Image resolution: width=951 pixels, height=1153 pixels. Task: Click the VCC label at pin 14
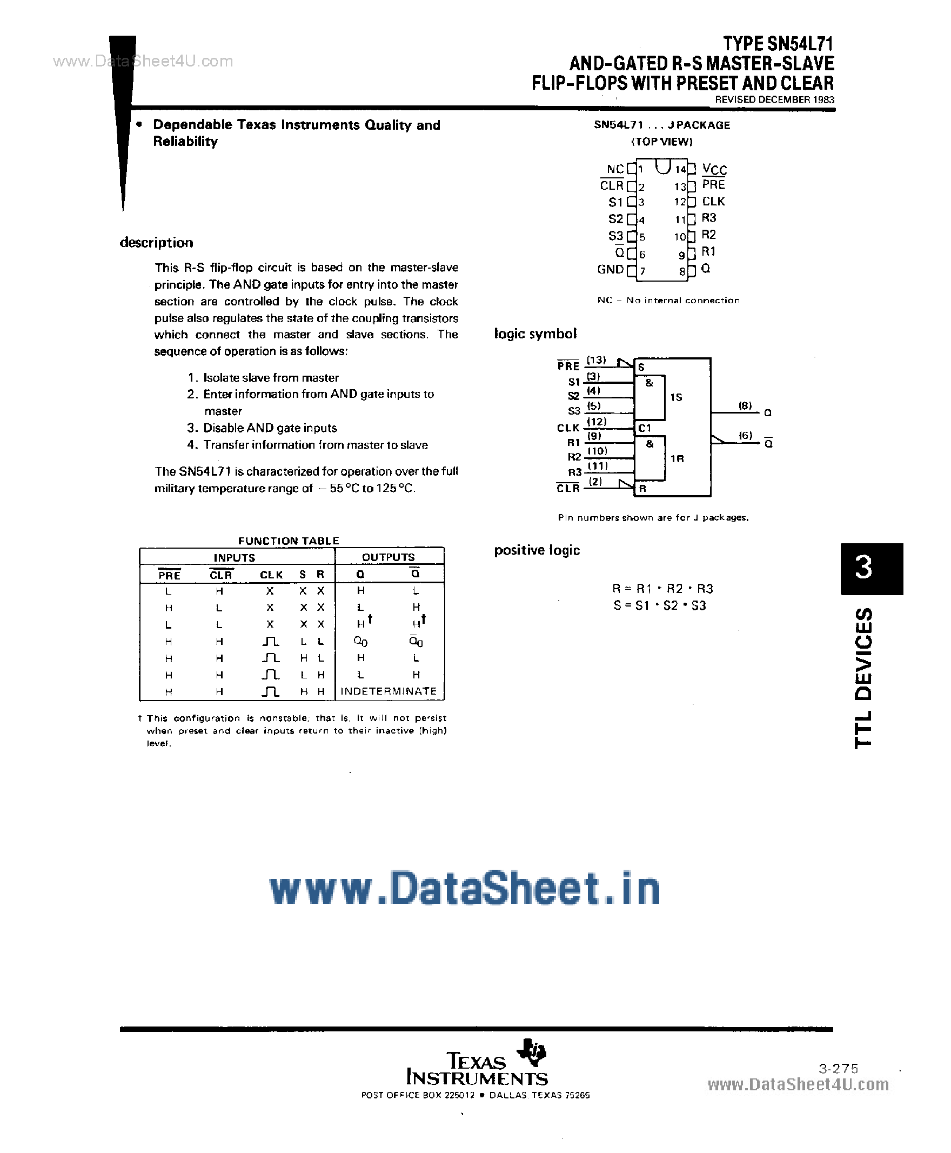pos(714,169)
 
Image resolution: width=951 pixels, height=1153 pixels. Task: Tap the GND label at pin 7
pos(610,270)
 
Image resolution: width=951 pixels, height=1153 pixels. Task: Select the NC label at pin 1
pos(615,169)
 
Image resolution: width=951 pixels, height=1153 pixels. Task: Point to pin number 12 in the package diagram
pos(680,202)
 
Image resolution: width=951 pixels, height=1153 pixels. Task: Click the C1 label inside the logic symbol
pos(644,428)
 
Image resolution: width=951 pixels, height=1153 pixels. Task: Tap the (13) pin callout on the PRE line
pos(596,360)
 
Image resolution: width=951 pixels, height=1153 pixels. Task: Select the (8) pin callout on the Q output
pos(745,405)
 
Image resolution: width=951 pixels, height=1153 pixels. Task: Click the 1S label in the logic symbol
pos(676,397)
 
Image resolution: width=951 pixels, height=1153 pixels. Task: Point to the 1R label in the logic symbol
pos(677,459)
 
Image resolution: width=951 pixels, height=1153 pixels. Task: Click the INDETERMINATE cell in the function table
pos(389,691)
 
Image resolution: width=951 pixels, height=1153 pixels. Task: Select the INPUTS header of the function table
pos(235,558)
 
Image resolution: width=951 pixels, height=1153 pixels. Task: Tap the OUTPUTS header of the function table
pos(389,557)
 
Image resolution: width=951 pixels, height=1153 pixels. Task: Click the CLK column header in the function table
pos(271,575)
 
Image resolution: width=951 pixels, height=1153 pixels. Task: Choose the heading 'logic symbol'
pos(535,334)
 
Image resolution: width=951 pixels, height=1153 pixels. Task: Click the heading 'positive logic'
pos(537,550)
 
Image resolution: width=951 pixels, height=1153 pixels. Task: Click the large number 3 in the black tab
pos(863,568)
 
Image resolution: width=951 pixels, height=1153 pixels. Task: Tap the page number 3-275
pos(838,1068)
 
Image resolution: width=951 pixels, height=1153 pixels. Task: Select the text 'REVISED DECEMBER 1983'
pos(775,100)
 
